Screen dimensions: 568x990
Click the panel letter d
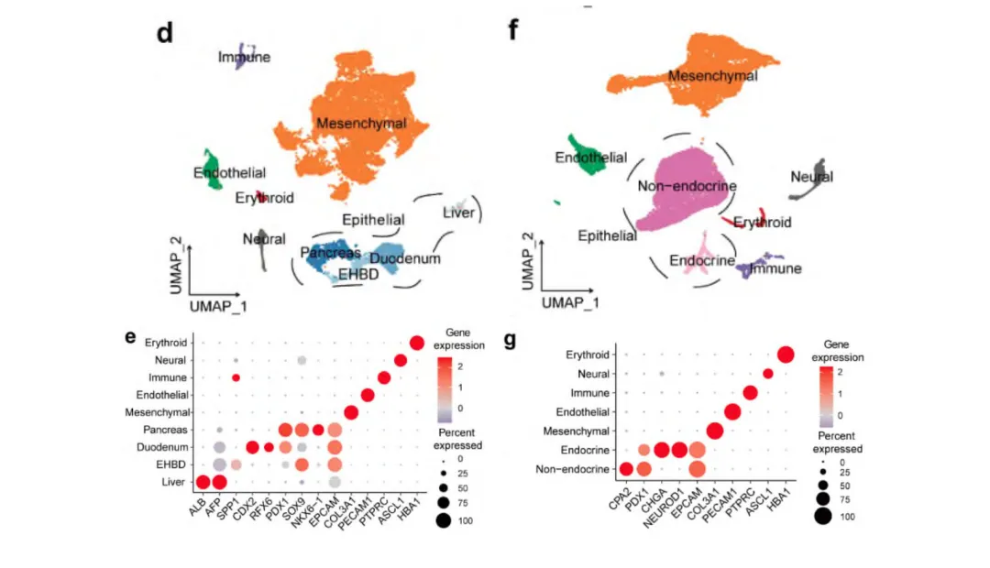tap(166, 33)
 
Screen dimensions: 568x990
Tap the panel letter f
tap(513, 31)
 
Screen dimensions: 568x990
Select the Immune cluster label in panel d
tap(244, 58)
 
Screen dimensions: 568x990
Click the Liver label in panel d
tap(458, 213)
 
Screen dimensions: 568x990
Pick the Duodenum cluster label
tap(406, 258)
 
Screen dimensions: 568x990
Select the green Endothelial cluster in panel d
tap(212, 168)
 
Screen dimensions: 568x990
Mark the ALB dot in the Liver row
tap(203, 482)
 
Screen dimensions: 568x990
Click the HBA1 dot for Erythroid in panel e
tap(417, 343)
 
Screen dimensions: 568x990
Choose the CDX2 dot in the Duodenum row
tap(252, 447)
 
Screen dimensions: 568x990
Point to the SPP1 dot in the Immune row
tap(236, 377)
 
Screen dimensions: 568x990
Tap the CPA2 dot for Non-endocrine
tap(626, 470)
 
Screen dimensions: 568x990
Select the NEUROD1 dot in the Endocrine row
tap(679, 450)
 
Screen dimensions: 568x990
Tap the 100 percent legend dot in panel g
tap(822, 516)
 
